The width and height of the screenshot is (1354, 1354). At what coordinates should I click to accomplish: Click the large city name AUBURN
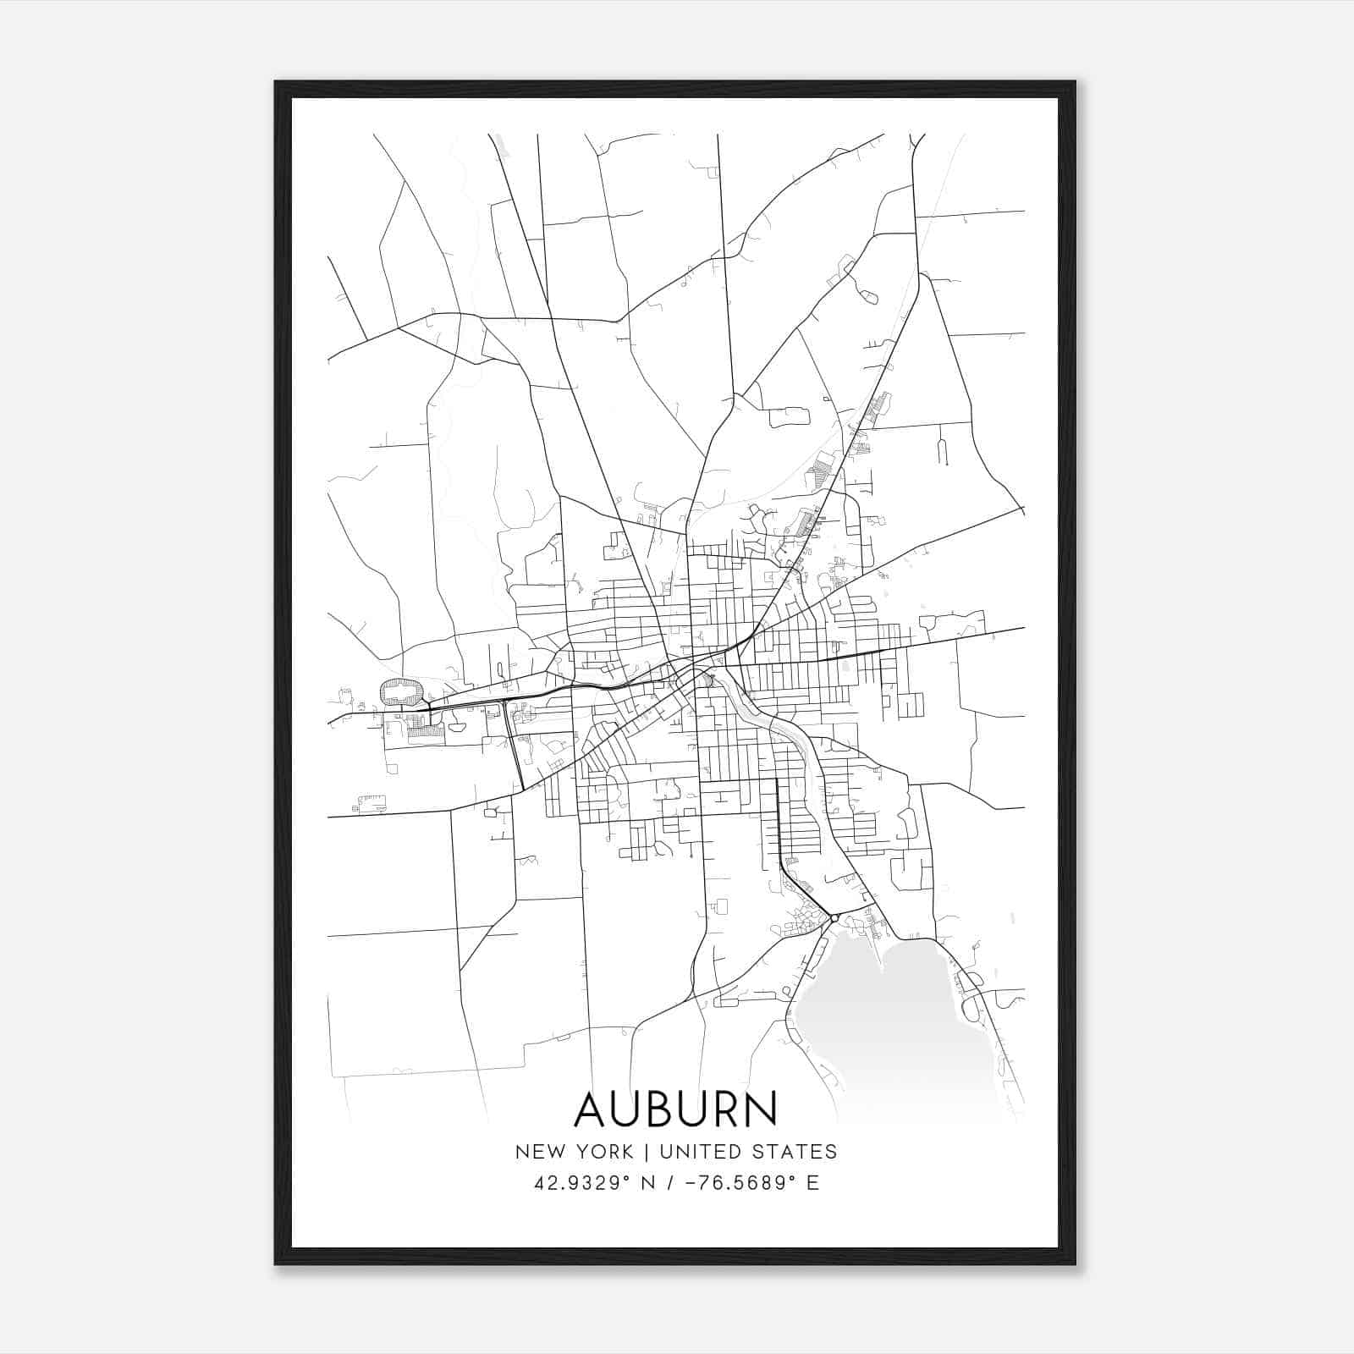pos(675,1109)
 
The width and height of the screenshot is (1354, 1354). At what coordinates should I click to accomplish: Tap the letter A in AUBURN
pos(592,1109)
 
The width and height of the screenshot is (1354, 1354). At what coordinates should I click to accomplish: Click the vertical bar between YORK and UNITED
pos(646,1152)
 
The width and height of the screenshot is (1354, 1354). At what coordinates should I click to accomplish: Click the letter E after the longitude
pos(812,1183)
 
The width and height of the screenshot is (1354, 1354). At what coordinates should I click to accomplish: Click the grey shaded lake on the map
pos(889,1024)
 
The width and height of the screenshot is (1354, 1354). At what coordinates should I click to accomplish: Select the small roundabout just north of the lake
pos(834,917)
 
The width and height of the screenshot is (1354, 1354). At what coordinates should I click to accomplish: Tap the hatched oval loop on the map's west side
pos(402,691)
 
